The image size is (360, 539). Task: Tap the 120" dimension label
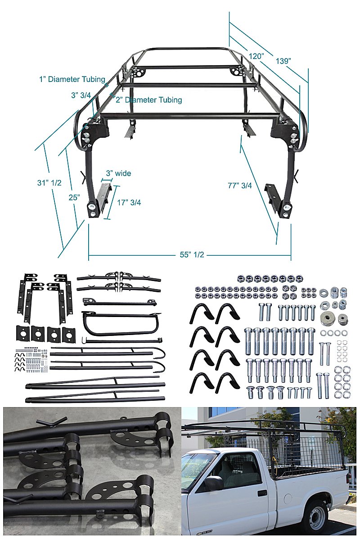click(x=256, y=56)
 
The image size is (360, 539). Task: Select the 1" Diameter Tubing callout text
click(x=72, y=79)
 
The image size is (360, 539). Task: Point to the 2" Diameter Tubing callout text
click(x=149, y=100)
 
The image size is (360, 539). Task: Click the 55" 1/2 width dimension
click(x=189, y=255)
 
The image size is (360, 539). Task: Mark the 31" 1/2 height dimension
click(x=49, y=183)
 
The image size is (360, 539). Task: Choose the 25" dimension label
click(x=75, y=197)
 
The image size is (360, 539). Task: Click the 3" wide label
click(x=118, y=173)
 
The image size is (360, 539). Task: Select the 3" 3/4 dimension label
click(x=81, y=95)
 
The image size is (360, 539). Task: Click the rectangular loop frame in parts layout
click(x=121, y=323)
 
